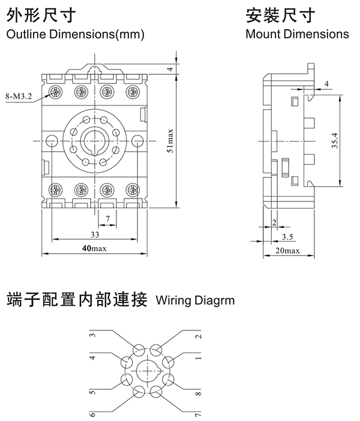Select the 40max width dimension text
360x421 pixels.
(94, 248)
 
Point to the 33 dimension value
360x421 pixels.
(94, 234)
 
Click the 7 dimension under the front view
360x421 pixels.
(107, 217)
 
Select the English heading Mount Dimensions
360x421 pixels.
(297, 34)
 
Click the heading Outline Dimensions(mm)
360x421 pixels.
(75, 34)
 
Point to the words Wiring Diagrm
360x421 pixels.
(195, 299)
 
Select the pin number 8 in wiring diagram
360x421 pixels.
(199, 395)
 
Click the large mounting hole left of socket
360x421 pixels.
(52, 142)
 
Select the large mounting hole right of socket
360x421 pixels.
(137, 142)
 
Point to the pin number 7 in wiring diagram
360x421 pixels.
(199, 414)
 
